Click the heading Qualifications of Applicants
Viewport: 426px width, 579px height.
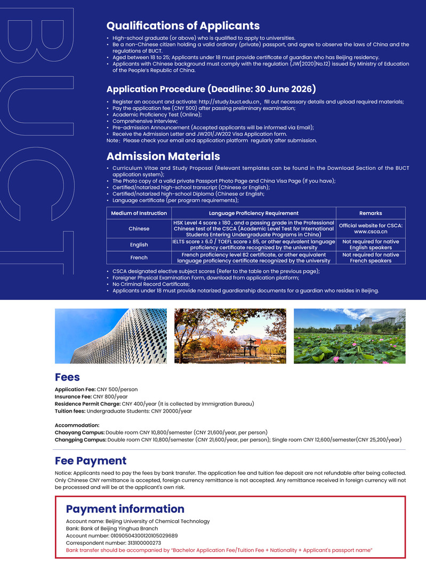pyautogui.click(x=183, y=26)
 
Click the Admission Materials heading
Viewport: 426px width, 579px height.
pyautogui.click(x=163, y=156)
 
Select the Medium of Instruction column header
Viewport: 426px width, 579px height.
pyautogui.click(x=139, y=213)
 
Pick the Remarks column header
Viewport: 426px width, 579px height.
pyautogui.click(x=371, y=213)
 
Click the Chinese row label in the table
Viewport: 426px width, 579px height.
pyautogui.click(x=139, y=228)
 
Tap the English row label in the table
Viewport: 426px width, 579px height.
pyautogui.click(x=139, y=244)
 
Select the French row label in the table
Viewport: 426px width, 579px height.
pyautogui.click(x=139, y=257)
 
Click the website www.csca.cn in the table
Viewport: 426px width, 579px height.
pyautogui.click(x=371, y=232)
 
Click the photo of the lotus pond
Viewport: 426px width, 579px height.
pyautogui.click(x=349, y=336)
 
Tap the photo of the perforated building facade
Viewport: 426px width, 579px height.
pyautogui.click(x=110, y=336)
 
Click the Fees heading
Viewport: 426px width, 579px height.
pyautogui.click(x=67, y=378)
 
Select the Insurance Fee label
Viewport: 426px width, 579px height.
pyautogui.click(x=73, y=397)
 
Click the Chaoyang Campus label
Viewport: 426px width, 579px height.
pyautogui.click(x=79, y=432)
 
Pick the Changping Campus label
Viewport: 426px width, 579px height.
pyautogui.click(x=81, y=440)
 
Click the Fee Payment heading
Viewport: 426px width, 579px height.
pyautogui.click(x=91, y=461)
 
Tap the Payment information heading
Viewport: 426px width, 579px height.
pyautogui.click(x=125, y=509)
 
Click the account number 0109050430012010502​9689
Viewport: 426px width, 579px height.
pyautogui.click(x=144, y=535)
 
